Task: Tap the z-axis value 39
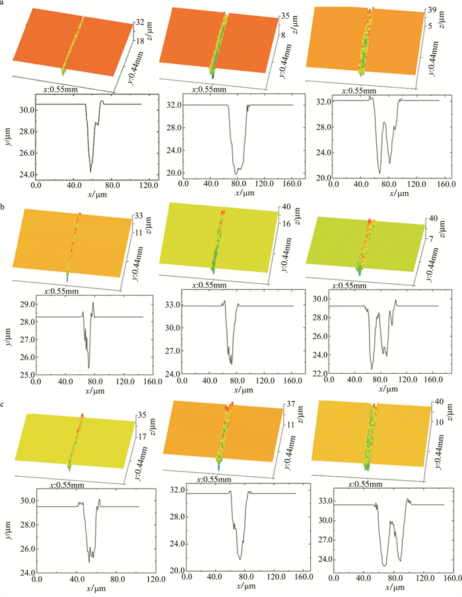tap(430, 11)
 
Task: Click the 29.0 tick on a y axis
tap(24, 304)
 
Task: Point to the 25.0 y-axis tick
tap(24, 374)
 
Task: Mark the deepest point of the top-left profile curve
tap(90, 172)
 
